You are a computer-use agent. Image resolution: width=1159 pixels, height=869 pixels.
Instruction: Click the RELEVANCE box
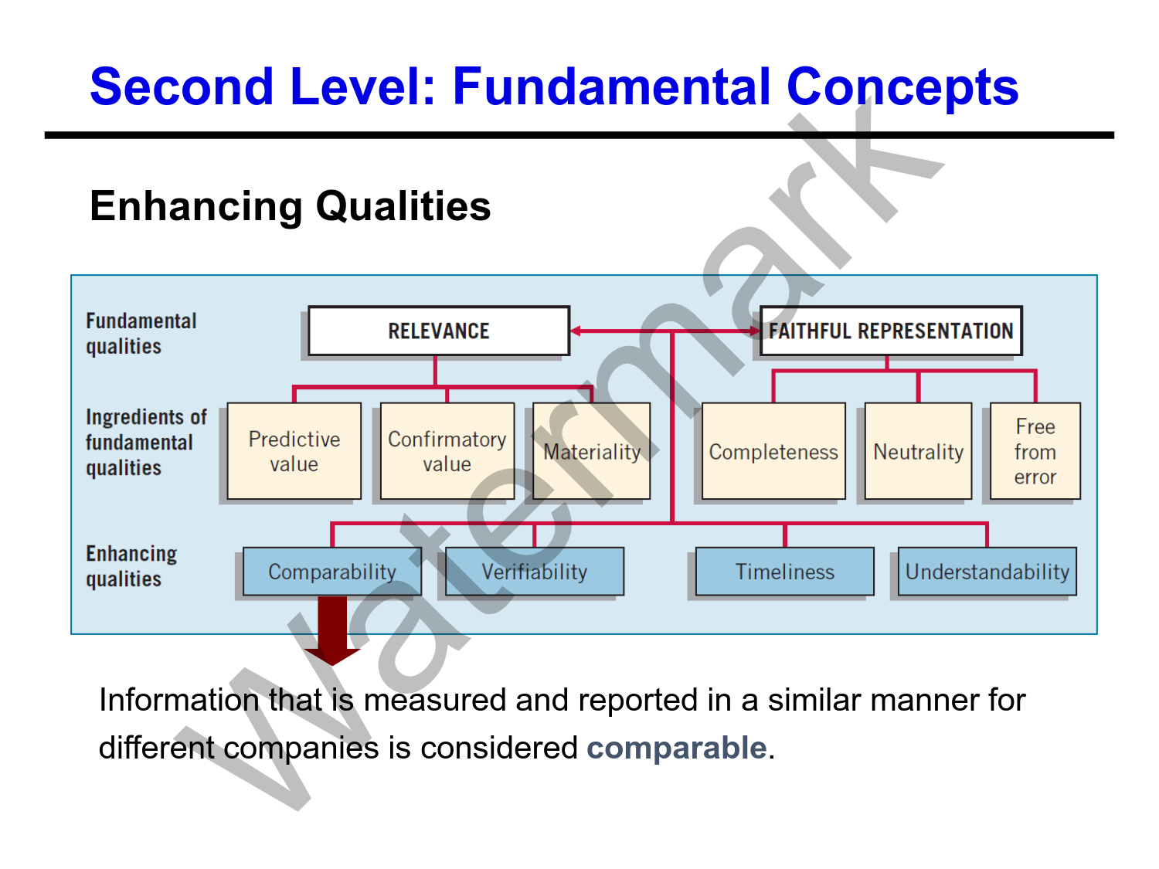438,331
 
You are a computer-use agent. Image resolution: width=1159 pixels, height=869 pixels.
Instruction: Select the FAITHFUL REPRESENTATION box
890,331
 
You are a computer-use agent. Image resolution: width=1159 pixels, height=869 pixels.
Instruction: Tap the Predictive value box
294,451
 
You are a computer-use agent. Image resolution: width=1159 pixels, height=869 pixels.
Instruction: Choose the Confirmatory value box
447,451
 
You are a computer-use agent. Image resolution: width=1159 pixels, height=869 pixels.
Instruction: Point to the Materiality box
592,451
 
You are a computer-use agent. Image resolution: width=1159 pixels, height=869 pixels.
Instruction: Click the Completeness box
773,451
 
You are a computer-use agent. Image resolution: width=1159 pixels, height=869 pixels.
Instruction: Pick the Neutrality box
918,451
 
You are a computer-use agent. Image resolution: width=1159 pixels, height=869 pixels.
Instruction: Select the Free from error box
1035,451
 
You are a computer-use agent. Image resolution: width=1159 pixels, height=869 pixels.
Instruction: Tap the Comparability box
331,572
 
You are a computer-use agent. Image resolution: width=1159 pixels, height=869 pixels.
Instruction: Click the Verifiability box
534,572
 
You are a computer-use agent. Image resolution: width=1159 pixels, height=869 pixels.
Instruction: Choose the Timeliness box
784,572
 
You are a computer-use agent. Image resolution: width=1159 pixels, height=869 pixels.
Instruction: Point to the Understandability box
987,572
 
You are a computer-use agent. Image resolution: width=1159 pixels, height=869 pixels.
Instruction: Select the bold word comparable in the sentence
676,748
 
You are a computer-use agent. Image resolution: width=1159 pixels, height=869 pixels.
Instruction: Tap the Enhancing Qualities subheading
290,206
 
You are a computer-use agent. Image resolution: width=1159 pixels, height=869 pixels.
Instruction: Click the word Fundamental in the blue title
611,86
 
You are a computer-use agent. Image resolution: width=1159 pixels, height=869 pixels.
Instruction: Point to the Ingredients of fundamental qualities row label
145,443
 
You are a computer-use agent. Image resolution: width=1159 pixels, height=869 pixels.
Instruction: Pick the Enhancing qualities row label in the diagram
131,566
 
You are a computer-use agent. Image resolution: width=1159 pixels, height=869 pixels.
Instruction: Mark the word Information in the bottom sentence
178,701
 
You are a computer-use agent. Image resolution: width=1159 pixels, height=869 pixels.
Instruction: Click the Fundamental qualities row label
141,334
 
